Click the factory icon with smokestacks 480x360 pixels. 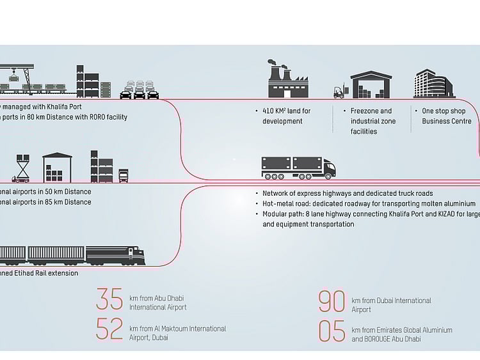288,80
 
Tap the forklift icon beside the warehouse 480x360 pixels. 339,92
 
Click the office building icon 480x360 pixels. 434,84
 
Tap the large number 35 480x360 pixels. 109,299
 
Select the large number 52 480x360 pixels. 109,329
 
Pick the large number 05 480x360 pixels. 332,331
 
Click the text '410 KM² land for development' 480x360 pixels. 287,116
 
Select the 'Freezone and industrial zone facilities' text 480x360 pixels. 373,121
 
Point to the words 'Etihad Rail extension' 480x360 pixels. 48,273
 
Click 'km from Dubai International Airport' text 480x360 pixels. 391,304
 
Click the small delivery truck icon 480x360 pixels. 124,175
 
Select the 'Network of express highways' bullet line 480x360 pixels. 348,193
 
